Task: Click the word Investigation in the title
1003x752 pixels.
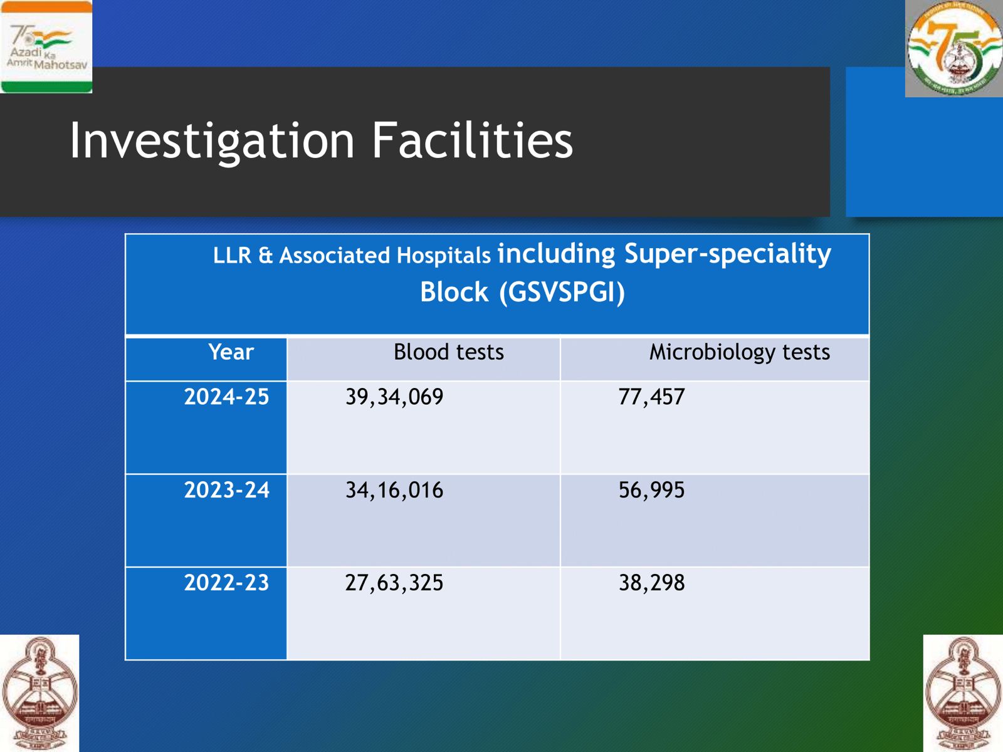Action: point(213,140)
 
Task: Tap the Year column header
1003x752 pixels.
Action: point(231,352)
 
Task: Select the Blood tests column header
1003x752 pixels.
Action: point(448,352)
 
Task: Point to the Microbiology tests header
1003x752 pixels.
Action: point(739,352)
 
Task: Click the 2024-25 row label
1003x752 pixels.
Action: point(226,397)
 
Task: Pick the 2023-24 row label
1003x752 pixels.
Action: point(226,490)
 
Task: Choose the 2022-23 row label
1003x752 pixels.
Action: point(226,583)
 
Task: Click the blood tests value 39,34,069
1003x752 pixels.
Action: point(394,397)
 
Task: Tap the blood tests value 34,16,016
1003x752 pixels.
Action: point(394,490)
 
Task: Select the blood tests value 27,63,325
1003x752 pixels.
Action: point(394,583)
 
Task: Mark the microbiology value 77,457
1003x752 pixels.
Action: point(651,397)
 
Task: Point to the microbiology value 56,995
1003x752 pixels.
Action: point(651,490)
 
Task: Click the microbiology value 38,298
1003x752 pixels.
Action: point(651,583)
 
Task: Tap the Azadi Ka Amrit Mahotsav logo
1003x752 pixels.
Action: point(46,47)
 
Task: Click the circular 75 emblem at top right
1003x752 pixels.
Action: point(953,49)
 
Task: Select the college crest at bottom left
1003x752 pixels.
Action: point(39,692)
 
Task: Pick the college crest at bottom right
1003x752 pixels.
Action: point(963,692)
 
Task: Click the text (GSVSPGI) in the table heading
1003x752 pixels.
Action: point(562,293)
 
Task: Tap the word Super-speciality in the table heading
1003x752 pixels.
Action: point(727,254)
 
